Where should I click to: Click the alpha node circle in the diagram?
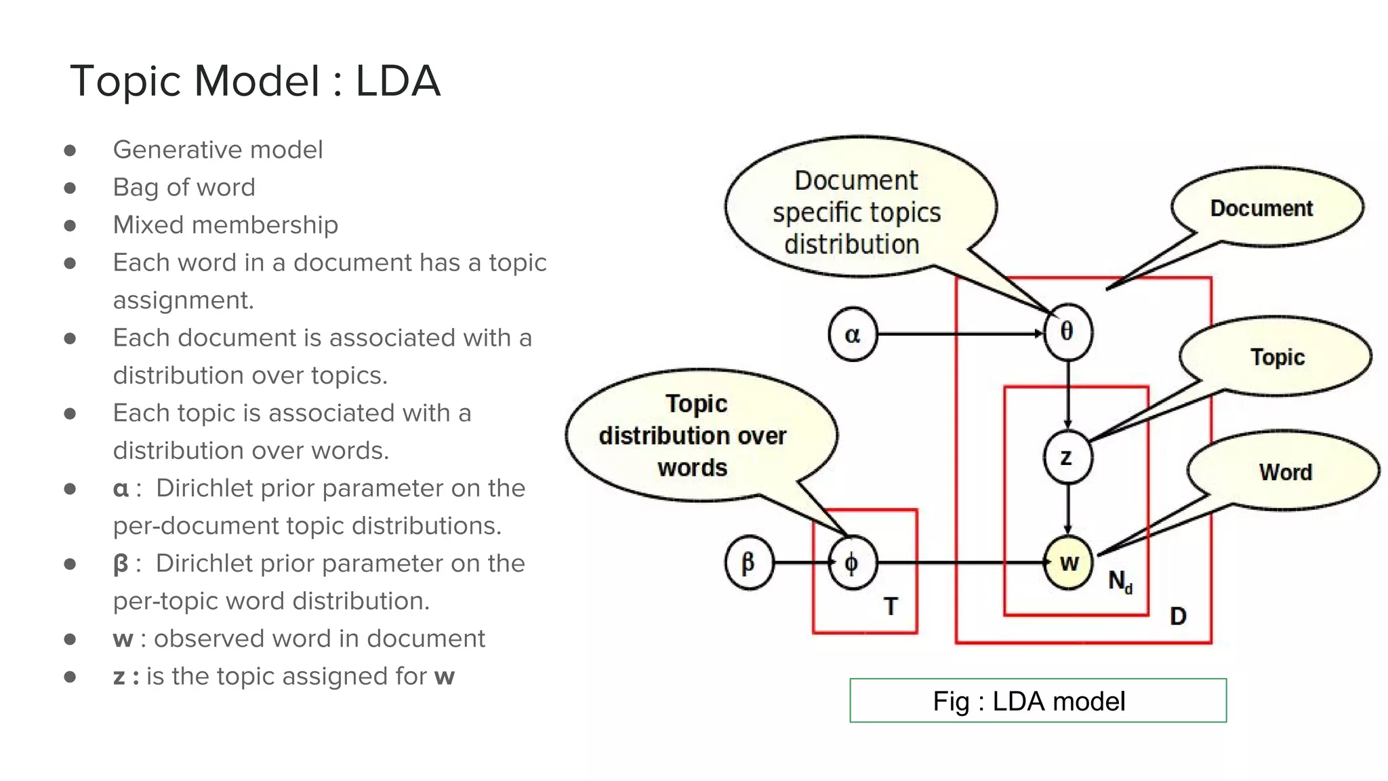[x=853, y=334]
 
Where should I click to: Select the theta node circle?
[x=1067, y=332]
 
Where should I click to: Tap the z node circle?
[x=1067, y=457]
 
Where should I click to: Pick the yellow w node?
[x=1068, y=562]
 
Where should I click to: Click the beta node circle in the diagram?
[x=748, y=563]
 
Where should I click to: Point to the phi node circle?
[x=852, y=563]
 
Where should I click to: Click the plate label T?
[x=891, y=606]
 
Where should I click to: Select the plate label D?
[x=1178, y=616]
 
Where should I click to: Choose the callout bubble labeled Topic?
[x=1277, y=357]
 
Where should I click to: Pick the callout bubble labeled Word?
[x=1285, y=472]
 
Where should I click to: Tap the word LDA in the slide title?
[x=398, y=81]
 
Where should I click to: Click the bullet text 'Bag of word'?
[x=184, y=187]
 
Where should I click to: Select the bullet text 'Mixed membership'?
[x=225, y=224]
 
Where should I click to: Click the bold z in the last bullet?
[x=119, y=676]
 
